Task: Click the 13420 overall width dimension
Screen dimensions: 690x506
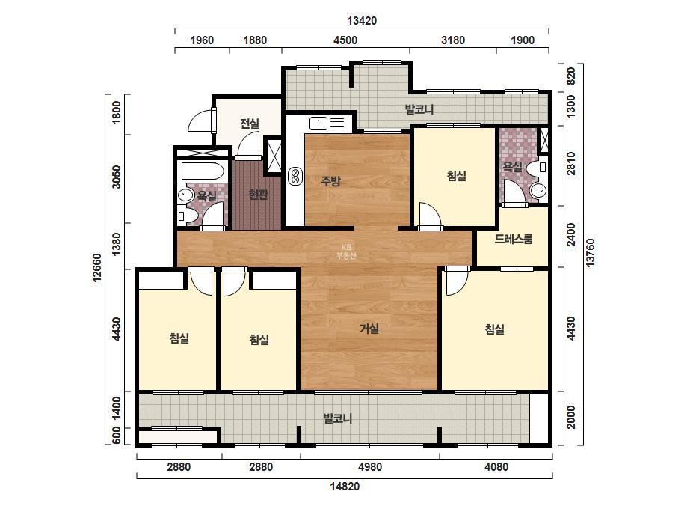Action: click(x=362, y=21)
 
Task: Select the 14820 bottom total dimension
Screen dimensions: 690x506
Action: click(x=345, y=487)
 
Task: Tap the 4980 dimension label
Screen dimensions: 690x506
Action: click(x=369, y=467)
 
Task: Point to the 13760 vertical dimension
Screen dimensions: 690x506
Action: click(x=590, y=252)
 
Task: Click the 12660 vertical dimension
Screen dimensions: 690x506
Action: click(x=97, y=267)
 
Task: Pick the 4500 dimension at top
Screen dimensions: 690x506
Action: click(x=345, y=40)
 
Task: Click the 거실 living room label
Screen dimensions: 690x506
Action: click(x=369, y=329)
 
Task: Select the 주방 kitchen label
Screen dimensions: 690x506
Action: click(x=330, y=180)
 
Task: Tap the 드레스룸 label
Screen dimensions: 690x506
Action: click(x=514, y=239)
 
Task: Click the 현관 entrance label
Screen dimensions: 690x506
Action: click(x=259, y=195)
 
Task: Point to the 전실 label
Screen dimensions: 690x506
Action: click(x=250, y=124)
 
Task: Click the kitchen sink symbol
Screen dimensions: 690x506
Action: click(x=318, y=124)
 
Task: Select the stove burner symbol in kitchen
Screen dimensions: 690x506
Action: click(x=295, y=176)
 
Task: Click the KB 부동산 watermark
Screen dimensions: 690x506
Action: click(x=346, y=252)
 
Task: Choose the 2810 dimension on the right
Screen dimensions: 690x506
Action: click(x=570, y=163)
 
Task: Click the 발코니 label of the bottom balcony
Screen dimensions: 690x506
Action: click(x=338, y=418)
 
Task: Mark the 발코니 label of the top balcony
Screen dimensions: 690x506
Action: click(x=419, y=109)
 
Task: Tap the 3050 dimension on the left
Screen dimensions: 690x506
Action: click(x=116, y=177)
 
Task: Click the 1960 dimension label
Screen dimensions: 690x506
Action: click(x=202, y=40)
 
